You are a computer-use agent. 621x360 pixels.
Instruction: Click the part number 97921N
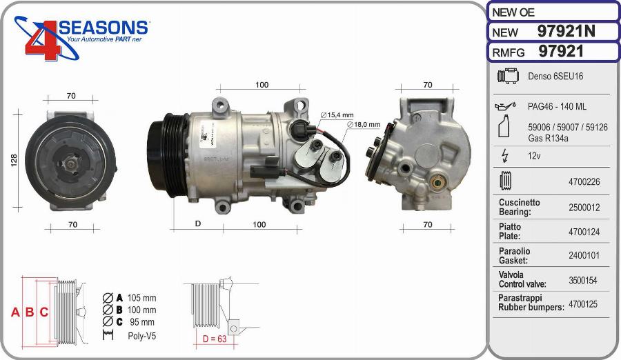click(x=566, y=31)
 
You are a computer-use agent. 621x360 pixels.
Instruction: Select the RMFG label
click(x=508, y=52)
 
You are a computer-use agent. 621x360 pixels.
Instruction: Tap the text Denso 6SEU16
click(x=555, y=76)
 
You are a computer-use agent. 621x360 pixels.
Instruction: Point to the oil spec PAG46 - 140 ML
click(x=557, y=106)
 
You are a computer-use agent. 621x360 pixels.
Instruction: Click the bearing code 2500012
click(x=584, y=207)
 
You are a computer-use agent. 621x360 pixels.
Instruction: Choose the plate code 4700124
click(x=584, y=232)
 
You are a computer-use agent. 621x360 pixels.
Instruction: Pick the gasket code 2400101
click(x=584, y=255)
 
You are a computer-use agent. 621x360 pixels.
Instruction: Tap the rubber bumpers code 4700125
click(x=583, y=304)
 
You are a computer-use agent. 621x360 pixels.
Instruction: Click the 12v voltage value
click(x=534, y=156)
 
